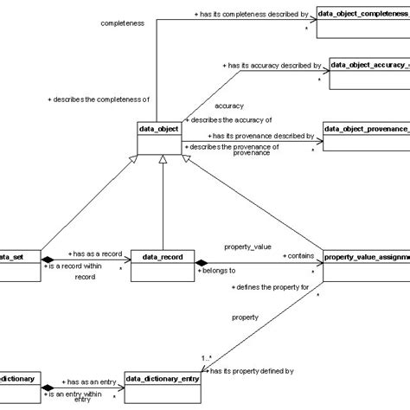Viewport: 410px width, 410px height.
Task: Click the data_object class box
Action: (x=159, y=138)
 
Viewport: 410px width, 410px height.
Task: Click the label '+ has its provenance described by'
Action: (x=259, y=136)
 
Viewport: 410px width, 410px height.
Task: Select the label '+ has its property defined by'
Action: (x=255, y=370)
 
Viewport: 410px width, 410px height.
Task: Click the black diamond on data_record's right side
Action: (x=201, y=262)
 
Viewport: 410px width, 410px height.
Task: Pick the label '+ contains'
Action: (x=297, y=257)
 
